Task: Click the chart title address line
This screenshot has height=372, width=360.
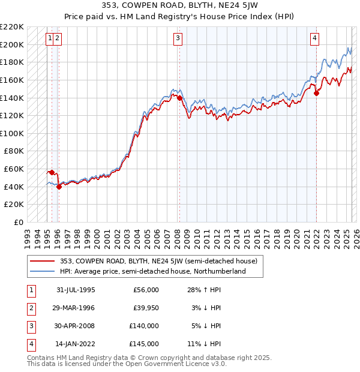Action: pos(179,7)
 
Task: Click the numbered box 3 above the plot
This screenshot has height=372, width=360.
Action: pos(178,38)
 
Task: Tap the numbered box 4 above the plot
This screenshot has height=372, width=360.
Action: pos(314,38)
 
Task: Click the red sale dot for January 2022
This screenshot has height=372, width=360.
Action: pos(316,93)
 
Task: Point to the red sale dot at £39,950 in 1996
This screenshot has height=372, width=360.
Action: pos(59,187)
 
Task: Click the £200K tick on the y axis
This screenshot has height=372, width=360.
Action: pos(13,44)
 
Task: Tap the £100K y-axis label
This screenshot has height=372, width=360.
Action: pos(13,133)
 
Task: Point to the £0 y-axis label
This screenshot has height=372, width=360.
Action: pos(18,222)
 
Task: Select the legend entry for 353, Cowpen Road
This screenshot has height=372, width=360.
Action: pos(158,261)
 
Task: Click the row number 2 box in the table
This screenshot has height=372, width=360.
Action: pos(30,308)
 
